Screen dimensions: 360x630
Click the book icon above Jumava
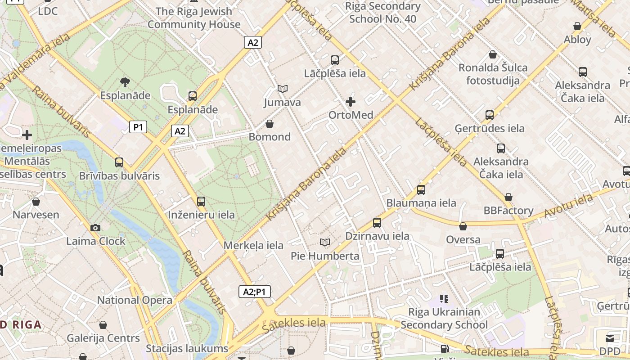[x=282, y=89]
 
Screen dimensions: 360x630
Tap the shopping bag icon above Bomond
[x=270, y=124]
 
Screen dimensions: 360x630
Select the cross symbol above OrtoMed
[x=351, y=102]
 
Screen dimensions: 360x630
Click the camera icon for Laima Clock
[x=95, y=228]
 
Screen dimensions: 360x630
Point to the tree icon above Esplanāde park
[x=125, y=82]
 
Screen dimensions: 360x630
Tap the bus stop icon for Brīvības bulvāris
[x=119, y=162]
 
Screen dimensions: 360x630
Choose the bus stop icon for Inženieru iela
[x=201, y=202]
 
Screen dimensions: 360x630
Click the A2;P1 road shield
[x=254, y=292]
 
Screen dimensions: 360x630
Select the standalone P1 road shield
[x=138, y=127]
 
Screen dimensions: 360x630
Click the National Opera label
[x=135, y=300]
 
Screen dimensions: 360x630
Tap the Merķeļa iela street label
[x=253, y=245]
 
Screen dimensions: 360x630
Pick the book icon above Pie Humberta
[x=324, y=243]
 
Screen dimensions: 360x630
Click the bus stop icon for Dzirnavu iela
[x=377, y=223]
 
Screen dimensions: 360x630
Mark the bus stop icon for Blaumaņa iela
[x=421, y=190]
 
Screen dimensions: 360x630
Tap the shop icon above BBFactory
[x=508, y=197]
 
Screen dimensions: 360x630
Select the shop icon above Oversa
[x=463, y=226]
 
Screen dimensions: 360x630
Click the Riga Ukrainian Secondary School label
[x=444, y=318]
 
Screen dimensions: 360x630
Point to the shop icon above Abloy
[x=577, y=27]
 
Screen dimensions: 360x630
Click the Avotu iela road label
[x=568, y=206]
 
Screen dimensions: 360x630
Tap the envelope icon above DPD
[x=610, y=338]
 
